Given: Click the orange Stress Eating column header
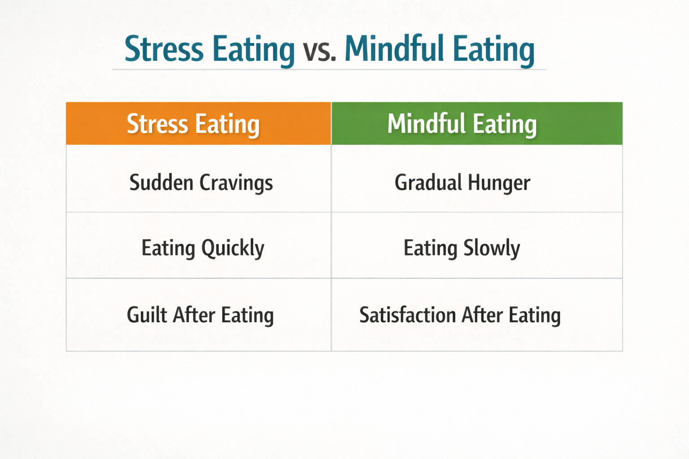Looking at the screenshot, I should coord(198,124).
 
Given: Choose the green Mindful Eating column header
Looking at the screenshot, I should coord(477,124).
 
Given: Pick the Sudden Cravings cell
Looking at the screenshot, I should coord(198,179).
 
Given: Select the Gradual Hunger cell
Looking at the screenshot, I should coord(477,179).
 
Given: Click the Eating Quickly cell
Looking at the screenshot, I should coord(198,246).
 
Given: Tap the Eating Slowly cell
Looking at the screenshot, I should coord(477,246).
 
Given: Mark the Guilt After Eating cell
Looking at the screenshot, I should coord(198,315).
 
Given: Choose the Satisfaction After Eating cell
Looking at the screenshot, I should coord(477,315).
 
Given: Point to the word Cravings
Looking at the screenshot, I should coord(236,183).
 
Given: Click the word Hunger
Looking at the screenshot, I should coord(499,183).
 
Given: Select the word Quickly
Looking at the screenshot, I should coord(233,248).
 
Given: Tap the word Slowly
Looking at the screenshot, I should coord(492,248).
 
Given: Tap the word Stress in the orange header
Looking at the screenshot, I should coord(157,124).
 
